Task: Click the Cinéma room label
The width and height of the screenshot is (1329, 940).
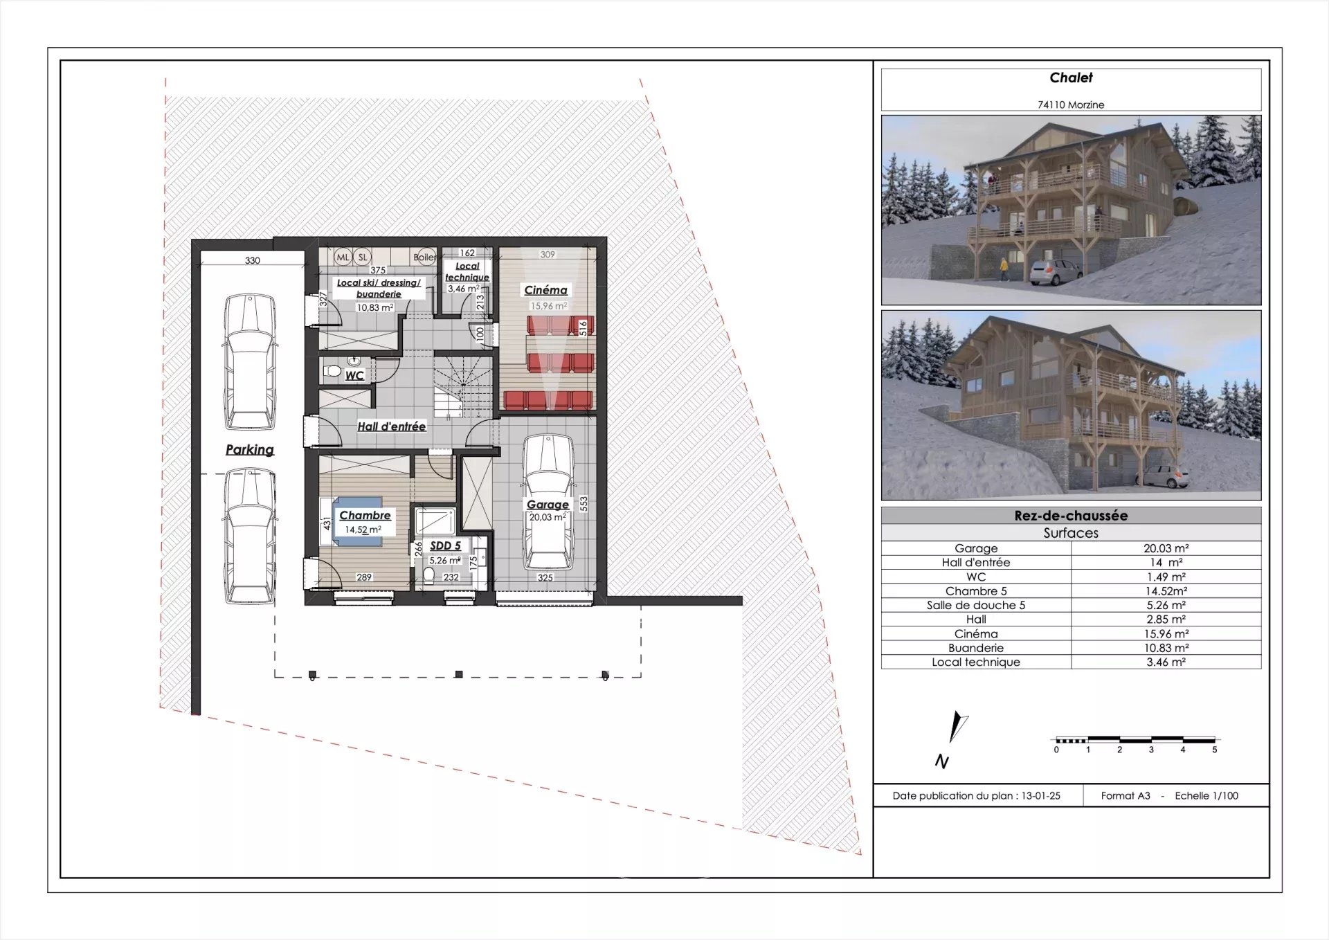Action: pyautogui.click(x=545, y=290)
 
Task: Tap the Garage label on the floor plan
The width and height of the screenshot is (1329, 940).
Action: pyautogui.click(x=548, y=505)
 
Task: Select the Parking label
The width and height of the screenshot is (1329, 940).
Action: pyautogui.click(x=250, y=449)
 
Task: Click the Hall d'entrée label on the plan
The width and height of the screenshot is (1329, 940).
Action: pyautogui.click(x=391, y=426)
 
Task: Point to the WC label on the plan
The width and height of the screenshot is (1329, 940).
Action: pyautogui.click(x=354, y=375)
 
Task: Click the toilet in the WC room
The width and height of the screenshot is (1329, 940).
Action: pyautogui.click(x=332, y=372)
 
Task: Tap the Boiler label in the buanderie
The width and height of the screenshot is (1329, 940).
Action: pyautogui.click(x=424, y=257)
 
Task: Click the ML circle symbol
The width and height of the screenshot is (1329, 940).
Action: pyautogui.click(x=343, y=257)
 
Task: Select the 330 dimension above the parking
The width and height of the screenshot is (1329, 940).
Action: pyautogui.click(x=253, y=260)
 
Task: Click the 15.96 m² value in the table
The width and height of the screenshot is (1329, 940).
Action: pyautogui.click(x=1166, y=633)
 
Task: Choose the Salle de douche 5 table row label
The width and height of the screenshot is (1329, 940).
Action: pyautogui.click(x=976, y=605)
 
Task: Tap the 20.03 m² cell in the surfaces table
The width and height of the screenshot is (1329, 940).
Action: pyautogui.click(x=1166, y=548)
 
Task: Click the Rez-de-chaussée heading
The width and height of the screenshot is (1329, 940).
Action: pyautogui.click(x=1071, y=516)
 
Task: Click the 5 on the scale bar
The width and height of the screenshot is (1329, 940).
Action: pyautogui.click(x=1214, y=750)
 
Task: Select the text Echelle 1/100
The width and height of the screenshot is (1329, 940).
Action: pyautogui.click(x=1206, y=796)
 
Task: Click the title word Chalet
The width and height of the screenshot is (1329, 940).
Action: pyautogui.click(x=1071, y=78)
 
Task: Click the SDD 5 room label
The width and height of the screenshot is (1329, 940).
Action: pyautogui.click(x=445, y=545)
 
